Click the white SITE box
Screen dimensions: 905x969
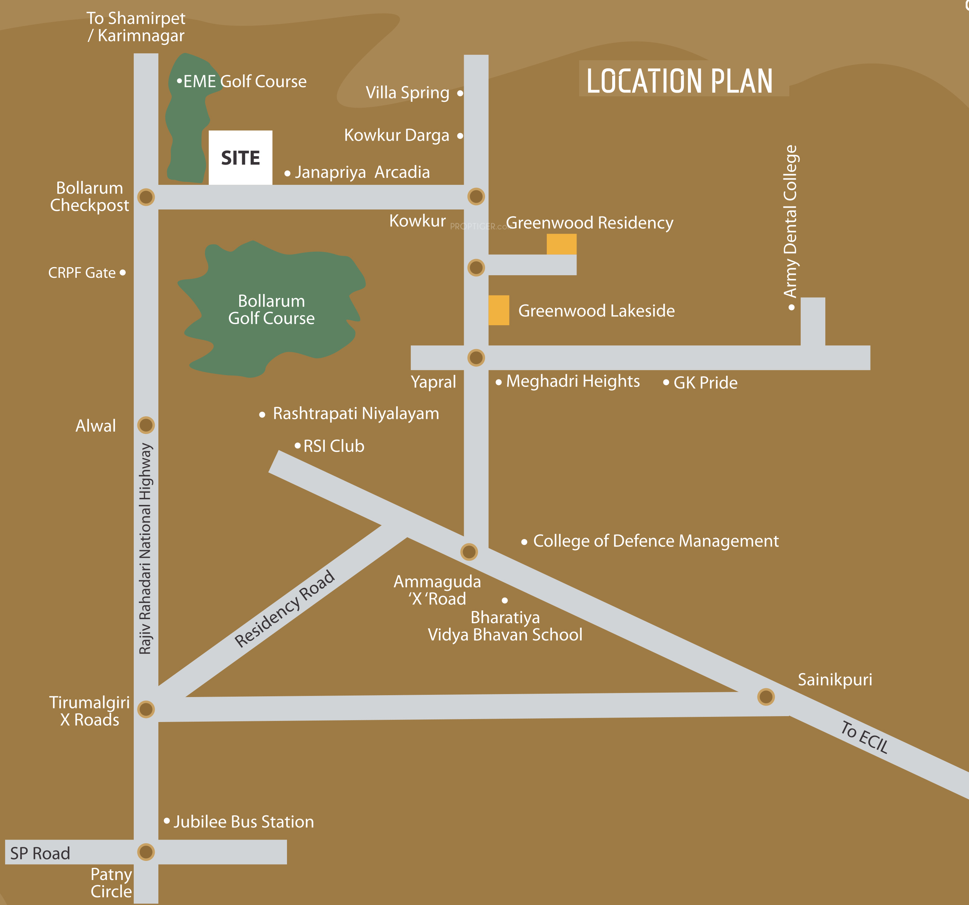240,157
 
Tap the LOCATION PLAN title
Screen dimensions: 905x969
679,81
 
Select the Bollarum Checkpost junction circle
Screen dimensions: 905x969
146,197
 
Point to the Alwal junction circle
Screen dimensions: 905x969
146,425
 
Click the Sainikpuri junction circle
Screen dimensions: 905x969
766,697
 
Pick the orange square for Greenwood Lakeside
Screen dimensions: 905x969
499,310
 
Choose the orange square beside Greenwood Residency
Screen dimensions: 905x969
561,244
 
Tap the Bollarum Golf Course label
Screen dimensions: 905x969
272,309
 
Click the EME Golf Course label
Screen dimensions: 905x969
245,81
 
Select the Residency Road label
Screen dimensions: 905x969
285,609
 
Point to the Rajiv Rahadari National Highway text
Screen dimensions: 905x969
145,548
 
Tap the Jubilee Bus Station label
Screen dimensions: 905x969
244,822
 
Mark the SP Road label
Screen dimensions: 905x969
40,853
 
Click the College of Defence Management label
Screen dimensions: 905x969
656,541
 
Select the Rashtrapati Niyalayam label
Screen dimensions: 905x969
356,413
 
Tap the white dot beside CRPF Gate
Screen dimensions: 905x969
122,272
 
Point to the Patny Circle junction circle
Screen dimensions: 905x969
146,852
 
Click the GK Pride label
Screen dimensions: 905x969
705,383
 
